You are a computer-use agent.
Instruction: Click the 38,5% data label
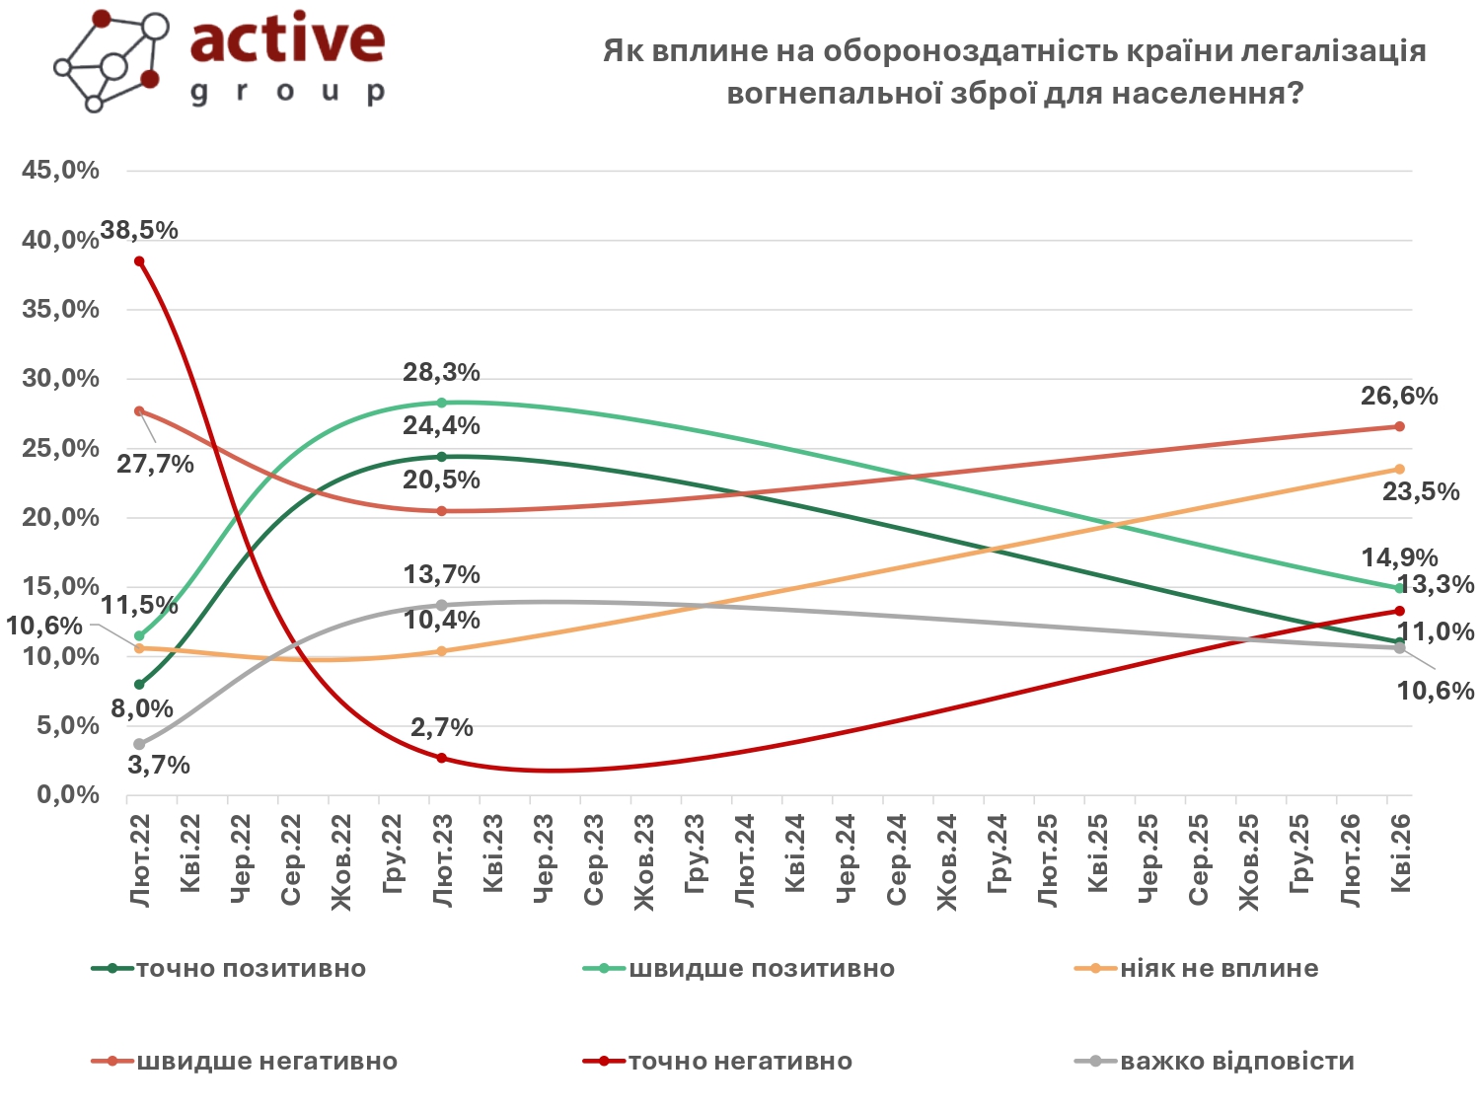tap(139, 231)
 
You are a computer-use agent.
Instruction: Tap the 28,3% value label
tap(441, 373)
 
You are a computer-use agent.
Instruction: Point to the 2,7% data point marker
tap(441, 758)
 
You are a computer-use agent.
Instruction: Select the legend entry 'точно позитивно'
tap(251, 969)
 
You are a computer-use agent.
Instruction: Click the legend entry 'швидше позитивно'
tap(761, 969)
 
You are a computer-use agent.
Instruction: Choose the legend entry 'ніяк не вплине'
tap(1219, 969)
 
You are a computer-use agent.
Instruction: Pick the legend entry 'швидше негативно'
tap(266, 1062)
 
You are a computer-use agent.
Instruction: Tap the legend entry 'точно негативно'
tap(740, 1062)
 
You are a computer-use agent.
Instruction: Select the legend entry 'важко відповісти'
tap(1236, 1062)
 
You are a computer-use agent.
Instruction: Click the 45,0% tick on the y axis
tap(61, 171)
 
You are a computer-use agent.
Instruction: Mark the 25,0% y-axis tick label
tap(61, 448)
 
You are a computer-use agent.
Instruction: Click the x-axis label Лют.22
tap(139, 860)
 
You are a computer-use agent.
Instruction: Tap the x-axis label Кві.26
tap(1399, 853)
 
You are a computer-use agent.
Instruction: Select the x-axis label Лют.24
tap(744, 860)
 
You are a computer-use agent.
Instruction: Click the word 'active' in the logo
tap(287, 39)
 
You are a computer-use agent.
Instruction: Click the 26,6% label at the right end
tap(1399, 397)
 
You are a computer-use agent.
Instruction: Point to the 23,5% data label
tap(1420, 491)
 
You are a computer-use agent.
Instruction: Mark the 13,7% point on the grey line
tap(441, 605)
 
